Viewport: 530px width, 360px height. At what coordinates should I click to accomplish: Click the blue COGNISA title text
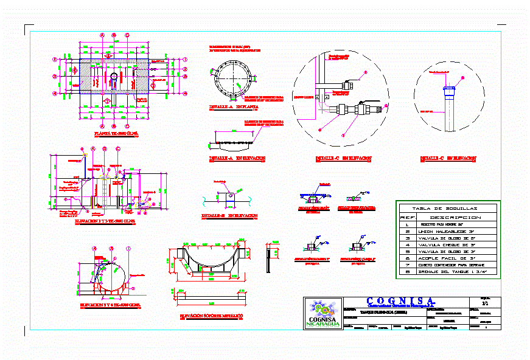(x=401, y=300)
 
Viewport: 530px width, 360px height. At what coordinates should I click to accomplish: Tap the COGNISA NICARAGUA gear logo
(x=323, y=314)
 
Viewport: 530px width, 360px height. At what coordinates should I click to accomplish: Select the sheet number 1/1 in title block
(x=484, y=302)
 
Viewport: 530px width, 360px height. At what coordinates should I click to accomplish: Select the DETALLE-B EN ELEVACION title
(x=229, y=215)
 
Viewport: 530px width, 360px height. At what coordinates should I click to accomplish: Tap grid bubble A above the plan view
(x=103, y=35)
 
